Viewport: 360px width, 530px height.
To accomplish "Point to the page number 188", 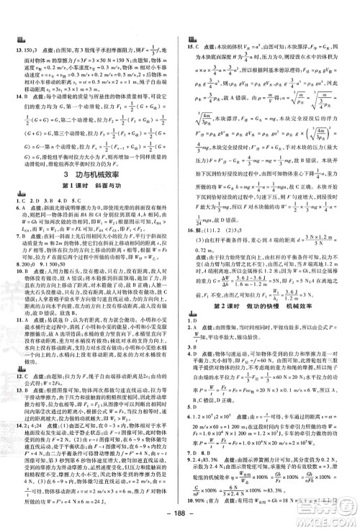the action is [x=179, y=517].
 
